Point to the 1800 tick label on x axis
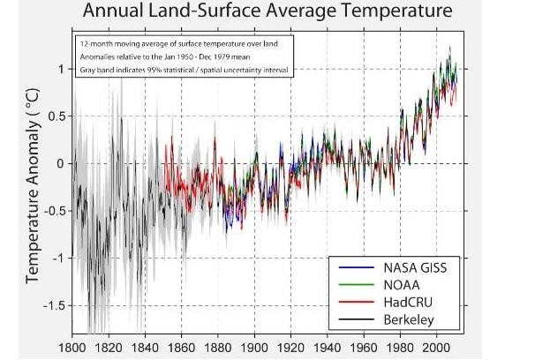(73, 349)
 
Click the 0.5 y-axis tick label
(56, 116)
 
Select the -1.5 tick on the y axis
(53, 305)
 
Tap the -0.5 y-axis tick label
(53, 211)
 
